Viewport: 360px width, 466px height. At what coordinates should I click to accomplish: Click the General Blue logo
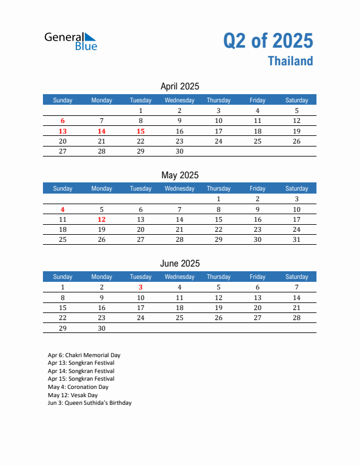tap(71, 40)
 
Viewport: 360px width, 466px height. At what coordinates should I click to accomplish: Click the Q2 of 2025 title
tap(268, 41)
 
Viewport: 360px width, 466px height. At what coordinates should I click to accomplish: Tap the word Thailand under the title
tap(291, 61)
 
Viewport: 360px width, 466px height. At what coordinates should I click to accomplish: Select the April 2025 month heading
tap(179, 86)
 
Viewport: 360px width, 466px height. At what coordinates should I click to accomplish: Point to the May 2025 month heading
tap(179, 175)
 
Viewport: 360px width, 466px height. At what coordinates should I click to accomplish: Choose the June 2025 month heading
tap(179, 263)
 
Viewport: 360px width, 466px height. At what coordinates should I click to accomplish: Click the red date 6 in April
tap(63, 121)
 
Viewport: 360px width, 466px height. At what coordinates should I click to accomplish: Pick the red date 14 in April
tap(102, 131)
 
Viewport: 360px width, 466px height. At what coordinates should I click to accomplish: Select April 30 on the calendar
tap(179, 151)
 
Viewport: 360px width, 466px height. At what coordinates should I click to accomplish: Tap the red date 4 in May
tap(63, 209)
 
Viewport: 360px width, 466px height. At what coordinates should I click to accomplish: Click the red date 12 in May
tap(102, 219)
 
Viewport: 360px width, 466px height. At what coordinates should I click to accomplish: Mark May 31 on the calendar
tap(296, 239)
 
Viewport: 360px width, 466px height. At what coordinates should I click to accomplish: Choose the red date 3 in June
tap(141, 287)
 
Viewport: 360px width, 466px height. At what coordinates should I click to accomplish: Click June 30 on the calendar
tap(102, 328)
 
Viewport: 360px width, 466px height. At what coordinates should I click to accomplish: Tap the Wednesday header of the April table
tap(179, 100)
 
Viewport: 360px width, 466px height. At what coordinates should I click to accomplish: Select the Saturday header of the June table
tap(296, 277)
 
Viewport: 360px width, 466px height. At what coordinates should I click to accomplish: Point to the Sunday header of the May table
tap(63, 188)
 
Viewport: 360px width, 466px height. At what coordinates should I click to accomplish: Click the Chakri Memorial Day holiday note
tap(84, 355)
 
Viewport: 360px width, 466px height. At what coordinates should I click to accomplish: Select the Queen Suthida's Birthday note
tap(89, 403)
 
